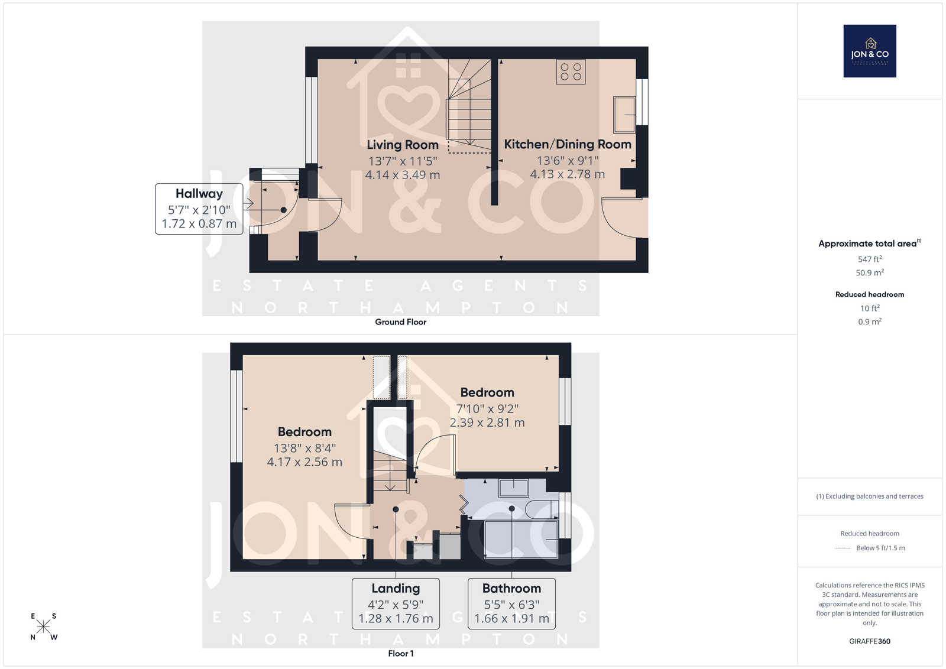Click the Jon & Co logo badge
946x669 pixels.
click(870, 51)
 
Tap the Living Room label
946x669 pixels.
click(403, 145)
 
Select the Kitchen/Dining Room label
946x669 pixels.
click(568, 144)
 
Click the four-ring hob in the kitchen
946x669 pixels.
click(571, 72)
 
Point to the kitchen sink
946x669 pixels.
click(624, 115)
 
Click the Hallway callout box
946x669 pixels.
click(199, 209)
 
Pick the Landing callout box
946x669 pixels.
click(396, 603)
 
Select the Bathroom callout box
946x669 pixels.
click(511, 603)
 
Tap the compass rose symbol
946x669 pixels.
click(44, 627)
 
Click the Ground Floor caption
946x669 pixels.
click(401, 322)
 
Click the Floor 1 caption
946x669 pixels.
click(401, 654)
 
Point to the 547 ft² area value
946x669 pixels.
click(870, 259)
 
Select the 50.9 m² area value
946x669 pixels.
click(870, 272)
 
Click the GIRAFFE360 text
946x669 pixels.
click(870, 641)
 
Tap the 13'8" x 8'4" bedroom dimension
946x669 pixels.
click(304, 448)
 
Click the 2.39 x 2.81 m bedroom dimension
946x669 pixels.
click(487, 423)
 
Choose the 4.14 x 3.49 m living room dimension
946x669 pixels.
click(403, 175)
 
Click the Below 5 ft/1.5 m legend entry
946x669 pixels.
click(880, 548)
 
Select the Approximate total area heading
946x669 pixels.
click(870, 243)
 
